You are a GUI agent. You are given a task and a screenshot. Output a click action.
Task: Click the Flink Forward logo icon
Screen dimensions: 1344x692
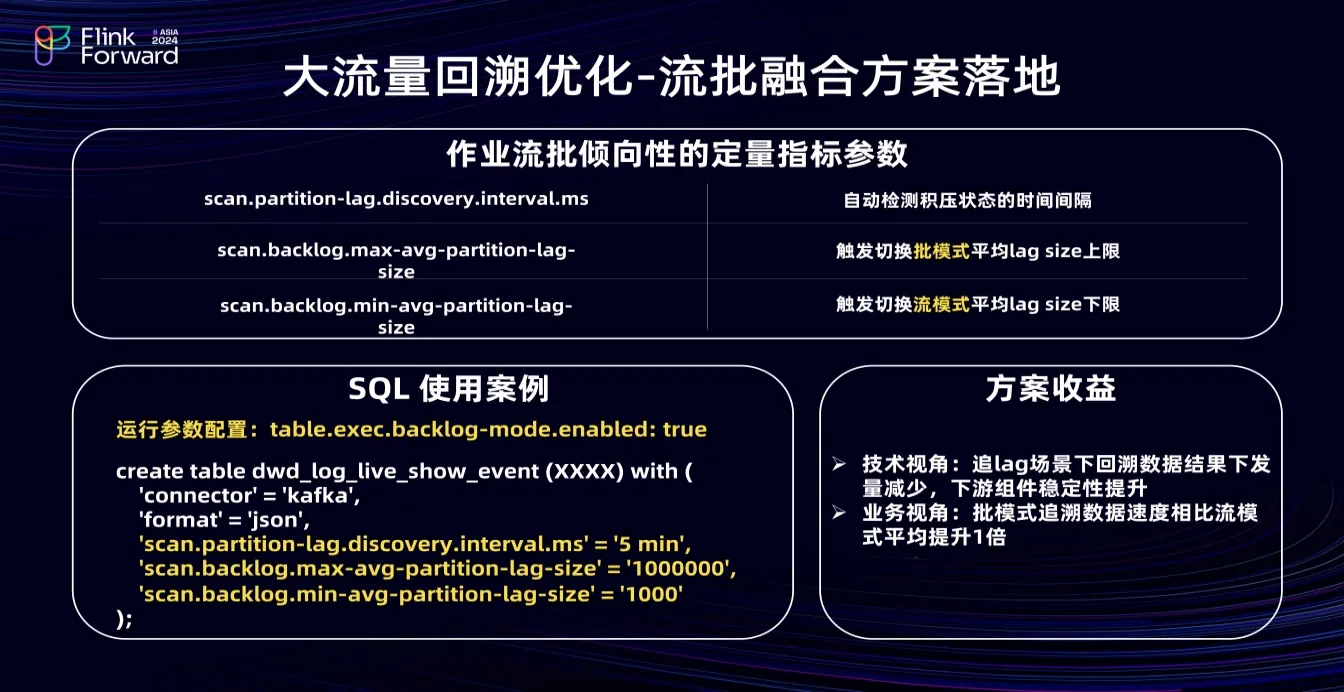coord(52,45)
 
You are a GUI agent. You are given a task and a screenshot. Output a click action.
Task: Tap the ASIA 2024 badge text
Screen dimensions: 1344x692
coord(165,37)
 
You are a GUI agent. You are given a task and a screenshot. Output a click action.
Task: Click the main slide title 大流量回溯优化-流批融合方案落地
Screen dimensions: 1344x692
coord(671,76)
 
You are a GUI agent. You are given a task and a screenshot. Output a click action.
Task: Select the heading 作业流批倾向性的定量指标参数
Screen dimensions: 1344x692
coord(677,154)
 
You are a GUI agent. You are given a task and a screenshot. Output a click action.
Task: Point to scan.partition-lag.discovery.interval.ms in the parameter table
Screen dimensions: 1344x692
coord(396,199)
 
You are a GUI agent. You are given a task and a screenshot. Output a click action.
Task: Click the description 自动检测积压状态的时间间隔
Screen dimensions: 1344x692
coord(967,200)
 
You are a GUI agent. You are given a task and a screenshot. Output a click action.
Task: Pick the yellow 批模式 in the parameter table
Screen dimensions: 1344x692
coord(941,251)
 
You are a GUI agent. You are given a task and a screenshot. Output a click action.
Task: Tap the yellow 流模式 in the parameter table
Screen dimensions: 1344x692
coord(941,304)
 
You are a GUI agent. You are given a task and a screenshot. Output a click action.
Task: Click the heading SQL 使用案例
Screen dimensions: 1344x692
coord(449,388)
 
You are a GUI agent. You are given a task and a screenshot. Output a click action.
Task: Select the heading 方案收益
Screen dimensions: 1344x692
coord(1051,388)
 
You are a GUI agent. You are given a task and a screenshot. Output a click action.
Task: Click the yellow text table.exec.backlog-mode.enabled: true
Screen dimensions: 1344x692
coord(488,429)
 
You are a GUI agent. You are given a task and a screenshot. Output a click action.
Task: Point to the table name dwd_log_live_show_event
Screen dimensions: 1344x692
coord(395,471)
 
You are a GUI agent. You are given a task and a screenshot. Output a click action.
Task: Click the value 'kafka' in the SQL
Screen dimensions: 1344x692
coord(320,495)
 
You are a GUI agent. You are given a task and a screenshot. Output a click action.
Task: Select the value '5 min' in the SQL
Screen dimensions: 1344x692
coord(651,544)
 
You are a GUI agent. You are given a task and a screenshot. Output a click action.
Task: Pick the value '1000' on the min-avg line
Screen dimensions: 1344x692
coord(651,594)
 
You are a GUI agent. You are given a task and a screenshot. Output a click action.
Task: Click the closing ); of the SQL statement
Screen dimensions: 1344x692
coord(124,618)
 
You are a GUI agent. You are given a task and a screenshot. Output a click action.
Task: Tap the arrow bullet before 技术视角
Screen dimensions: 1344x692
coord(839,463)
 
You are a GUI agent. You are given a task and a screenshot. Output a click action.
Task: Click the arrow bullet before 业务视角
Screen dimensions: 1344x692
coord(839,512)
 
